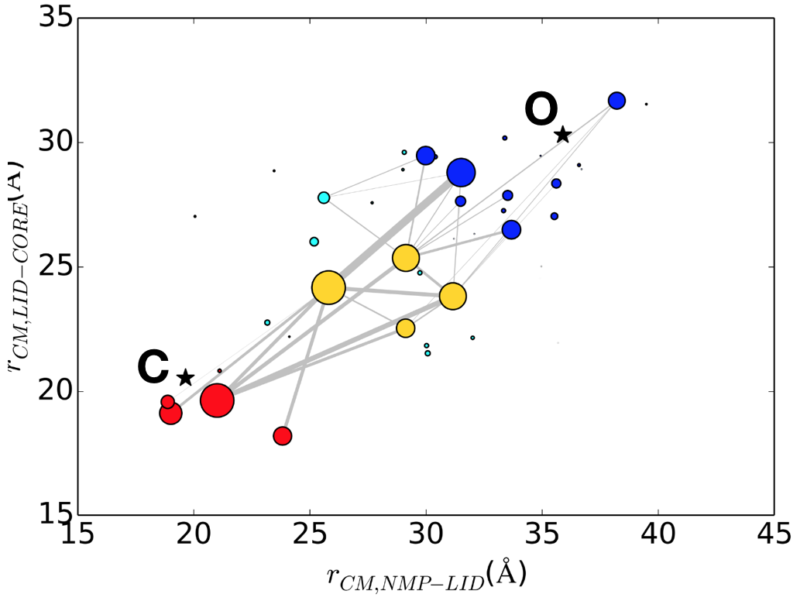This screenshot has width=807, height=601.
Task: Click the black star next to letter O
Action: [563, 135]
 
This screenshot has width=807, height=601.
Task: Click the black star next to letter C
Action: [185, 378]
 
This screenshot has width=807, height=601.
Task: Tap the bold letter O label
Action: [541, 111]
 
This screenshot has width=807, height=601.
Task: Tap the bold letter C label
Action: [153, 369]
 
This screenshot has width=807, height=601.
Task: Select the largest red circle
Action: [217, 400]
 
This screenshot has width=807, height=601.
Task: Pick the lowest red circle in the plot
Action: [283, 436]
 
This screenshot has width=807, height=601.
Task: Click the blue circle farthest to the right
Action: [616, 101]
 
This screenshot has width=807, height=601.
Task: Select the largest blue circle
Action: [461, 173]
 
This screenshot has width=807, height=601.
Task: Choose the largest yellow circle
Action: [328, 287]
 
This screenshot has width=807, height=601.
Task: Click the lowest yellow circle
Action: [406, 328]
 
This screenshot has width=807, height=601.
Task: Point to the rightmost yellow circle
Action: [452, 296]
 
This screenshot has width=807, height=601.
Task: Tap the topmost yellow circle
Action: [406, 258]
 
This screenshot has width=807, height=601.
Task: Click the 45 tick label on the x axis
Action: [774, 535]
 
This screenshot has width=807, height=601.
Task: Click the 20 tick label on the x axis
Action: [194, 535]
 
